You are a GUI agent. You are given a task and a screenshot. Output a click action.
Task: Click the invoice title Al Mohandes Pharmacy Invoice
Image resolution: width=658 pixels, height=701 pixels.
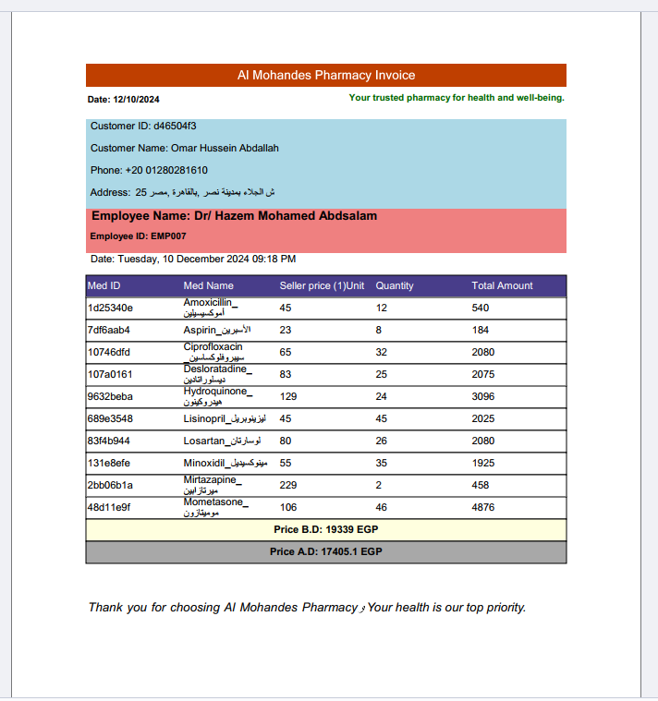pos(325,76)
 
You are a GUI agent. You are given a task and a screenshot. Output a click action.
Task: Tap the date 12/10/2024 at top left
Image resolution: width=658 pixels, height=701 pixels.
pos(124,100)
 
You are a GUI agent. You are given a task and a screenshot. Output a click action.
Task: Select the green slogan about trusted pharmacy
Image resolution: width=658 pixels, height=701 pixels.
pos(457,98)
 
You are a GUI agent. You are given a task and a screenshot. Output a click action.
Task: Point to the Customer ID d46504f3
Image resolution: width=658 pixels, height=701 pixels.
pos(143,126)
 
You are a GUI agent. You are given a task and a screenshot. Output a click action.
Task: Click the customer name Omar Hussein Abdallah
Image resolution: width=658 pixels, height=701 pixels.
pos(185,148)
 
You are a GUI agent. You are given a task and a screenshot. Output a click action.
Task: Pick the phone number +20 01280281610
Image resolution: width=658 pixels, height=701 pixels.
pos(149,170)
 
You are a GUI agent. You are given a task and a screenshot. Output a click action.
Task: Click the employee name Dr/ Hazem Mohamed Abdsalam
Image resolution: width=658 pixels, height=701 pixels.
pos(234,216)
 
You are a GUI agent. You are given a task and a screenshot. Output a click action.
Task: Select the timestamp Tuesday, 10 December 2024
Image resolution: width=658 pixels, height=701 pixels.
pos(193,260)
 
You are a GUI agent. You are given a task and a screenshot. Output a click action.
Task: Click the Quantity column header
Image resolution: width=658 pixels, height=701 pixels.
pos(395,286)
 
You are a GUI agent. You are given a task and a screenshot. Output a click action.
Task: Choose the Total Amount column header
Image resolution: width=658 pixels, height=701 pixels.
pos(502,286)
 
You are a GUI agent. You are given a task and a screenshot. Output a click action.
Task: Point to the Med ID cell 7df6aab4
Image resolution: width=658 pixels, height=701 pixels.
pos(109,330)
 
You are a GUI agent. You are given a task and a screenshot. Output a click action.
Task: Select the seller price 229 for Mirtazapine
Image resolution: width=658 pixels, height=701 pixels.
pos(288,485)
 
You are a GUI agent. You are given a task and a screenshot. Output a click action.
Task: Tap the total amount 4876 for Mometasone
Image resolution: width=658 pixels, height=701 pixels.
pos(483,507)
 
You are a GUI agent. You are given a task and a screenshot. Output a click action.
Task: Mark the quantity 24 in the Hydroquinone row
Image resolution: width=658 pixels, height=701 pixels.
pos(382,396)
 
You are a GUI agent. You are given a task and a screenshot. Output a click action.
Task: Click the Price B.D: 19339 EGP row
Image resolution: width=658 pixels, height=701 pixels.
pos(325,530)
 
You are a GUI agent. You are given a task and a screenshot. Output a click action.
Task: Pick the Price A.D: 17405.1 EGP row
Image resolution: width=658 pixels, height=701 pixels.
pos(325,552)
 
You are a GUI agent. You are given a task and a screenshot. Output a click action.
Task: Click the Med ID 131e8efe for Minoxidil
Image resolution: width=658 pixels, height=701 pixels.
pos(110,463)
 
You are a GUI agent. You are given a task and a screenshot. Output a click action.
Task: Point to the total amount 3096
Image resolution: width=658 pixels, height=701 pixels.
pos(483,396)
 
